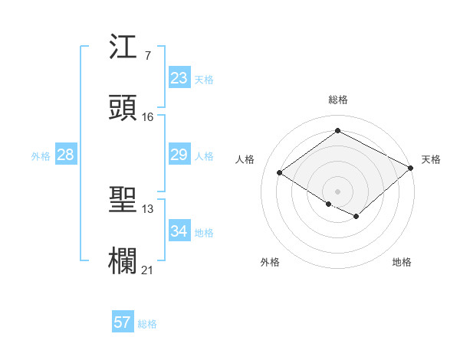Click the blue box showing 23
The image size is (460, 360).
point(179,78)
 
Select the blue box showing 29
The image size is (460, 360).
point(179,155)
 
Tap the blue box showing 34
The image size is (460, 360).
point(179,231)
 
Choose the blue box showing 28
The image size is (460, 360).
point(66,155)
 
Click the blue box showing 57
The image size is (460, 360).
point(123,322)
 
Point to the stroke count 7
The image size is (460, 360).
point(147,56)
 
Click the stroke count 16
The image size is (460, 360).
point(147,116)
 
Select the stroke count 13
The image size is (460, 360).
point(147,208)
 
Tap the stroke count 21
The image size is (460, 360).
point(147,269)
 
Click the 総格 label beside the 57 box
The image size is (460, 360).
point(147,324)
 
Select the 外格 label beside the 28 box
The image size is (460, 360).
point(41,156)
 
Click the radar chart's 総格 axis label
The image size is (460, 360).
point(337,100)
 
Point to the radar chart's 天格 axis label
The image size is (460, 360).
point(431,159)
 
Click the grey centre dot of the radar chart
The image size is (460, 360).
point(337,190)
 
